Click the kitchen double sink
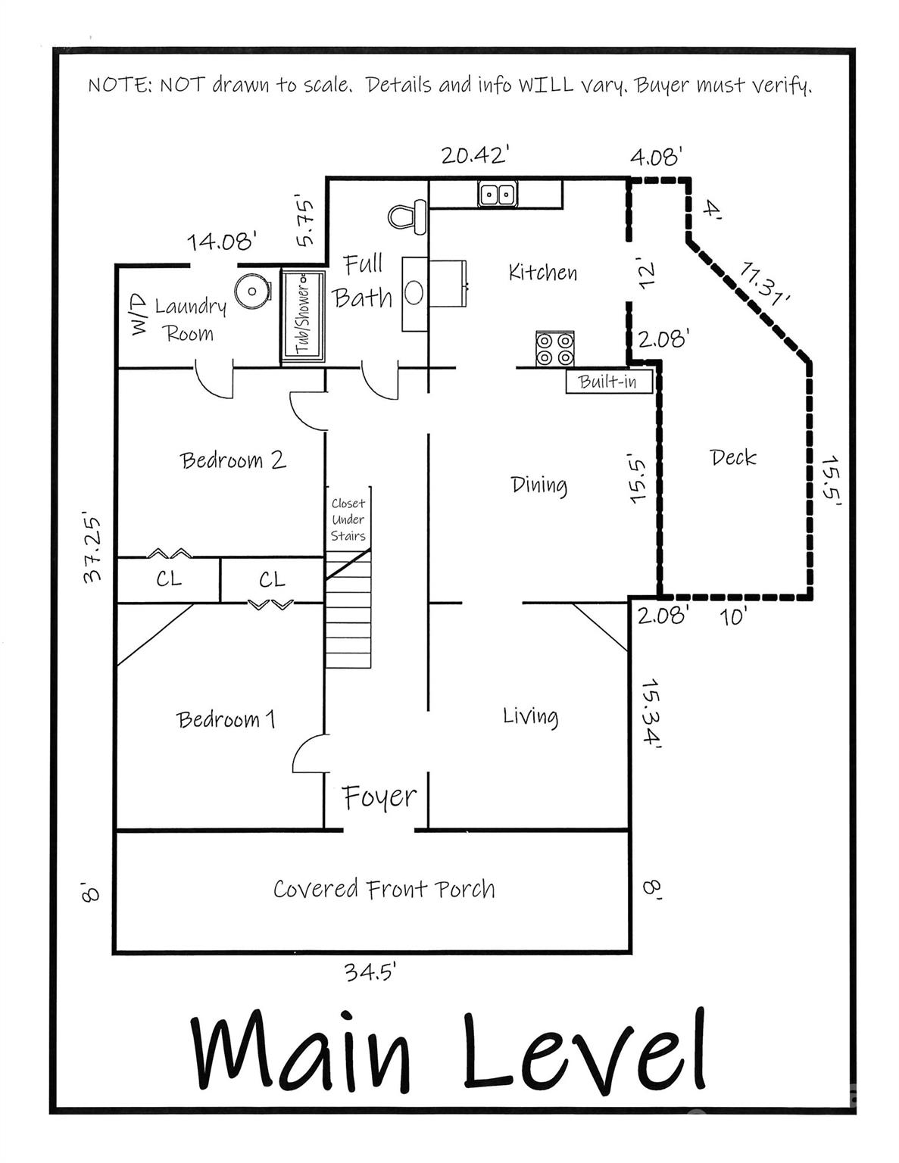[x=497, y=195]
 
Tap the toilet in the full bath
[x=407, y=217]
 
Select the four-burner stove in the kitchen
[x=554, y=349]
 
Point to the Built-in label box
[x=608, y=382]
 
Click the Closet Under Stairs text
[x=348, y=519]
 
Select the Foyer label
[x=379, y=797]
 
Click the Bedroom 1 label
[x=226, y=719]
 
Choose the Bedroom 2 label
[x=233, y=460]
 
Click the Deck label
[x=733, y=457]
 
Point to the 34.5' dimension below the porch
[x=370, y=971]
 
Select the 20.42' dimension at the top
[x=474, y=155]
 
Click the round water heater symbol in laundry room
[x=252, y=291]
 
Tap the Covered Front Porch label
[x=384, y=889]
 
